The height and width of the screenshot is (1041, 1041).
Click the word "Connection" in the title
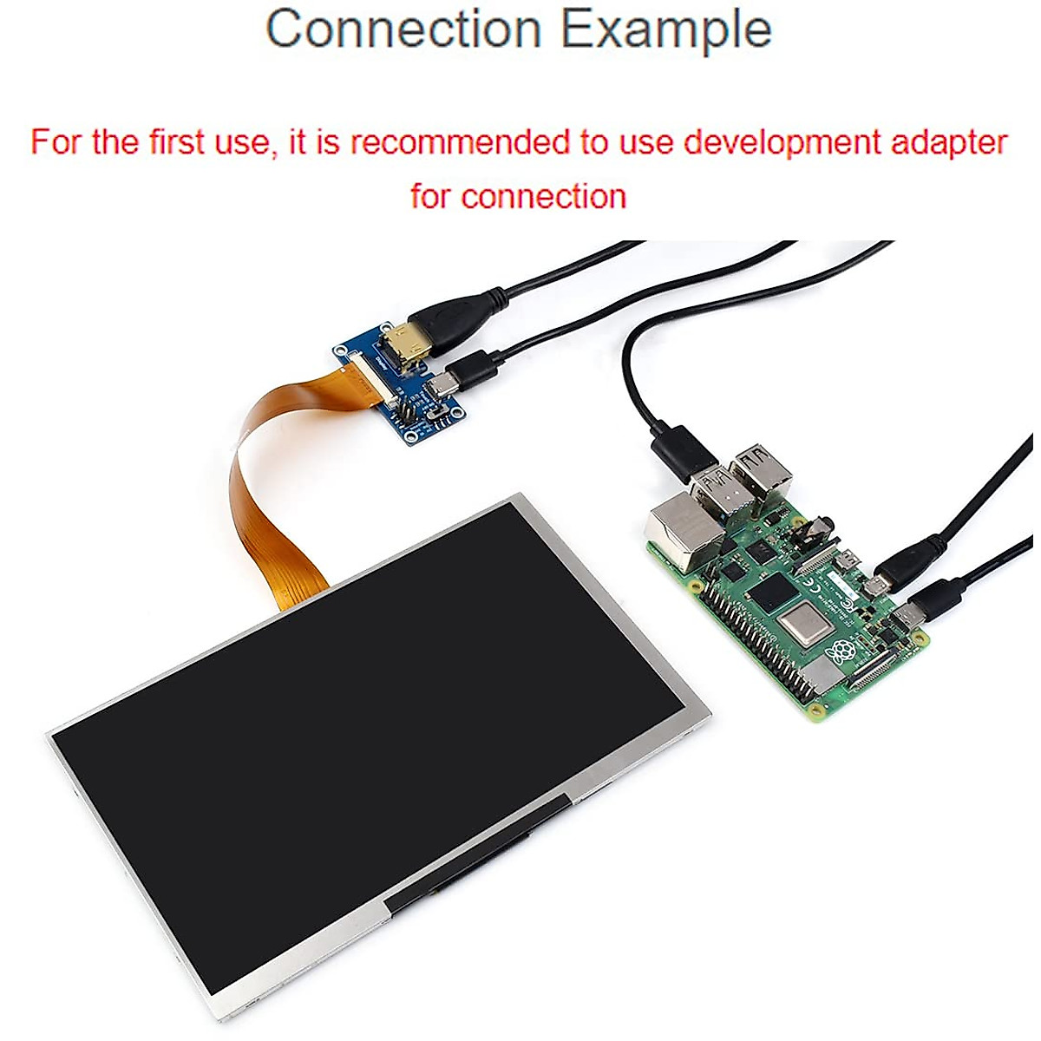pos(403,29)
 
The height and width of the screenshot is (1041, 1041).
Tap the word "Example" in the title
pos(666,29)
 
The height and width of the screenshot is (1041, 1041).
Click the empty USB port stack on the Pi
pos(762,473)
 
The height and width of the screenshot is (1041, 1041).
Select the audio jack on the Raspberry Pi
pos(816,526)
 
